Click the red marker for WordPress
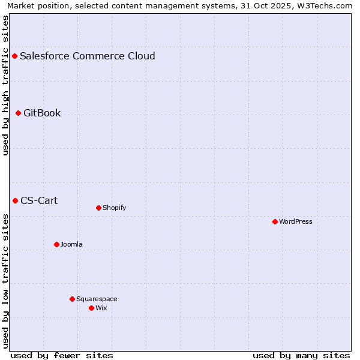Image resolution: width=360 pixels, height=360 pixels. tap(275, 221)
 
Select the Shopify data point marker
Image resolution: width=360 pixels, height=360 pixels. tap(98, 208)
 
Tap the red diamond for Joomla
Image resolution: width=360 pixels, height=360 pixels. tap(56, 244)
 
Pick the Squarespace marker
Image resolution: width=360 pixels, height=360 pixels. tap(72, 299)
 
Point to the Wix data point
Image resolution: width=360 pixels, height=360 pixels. tap(91, 308)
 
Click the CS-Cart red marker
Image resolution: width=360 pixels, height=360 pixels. tap(15, 200)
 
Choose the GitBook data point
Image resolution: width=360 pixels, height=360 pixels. tap(18, 113)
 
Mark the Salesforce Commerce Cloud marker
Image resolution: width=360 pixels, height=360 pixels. tap(14, 56)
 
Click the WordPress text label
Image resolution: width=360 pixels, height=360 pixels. tap(296, 221)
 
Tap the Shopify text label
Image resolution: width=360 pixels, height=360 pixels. tap(115, 208)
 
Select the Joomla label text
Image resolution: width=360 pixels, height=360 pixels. tap(71, 244)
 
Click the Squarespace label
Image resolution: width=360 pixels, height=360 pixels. tap(97, 299)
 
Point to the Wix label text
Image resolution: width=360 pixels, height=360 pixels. tap(101, 308)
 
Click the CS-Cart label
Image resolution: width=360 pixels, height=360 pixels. tap(39, 200)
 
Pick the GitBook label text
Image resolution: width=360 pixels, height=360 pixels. tap(42, 113)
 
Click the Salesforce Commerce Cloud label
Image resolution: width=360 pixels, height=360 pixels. tap(88, 56)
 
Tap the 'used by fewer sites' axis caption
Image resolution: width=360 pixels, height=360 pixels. tap(62, 355)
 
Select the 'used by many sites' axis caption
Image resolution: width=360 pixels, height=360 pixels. tap(301, 355)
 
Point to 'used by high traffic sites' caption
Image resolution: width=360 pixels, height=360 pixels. tap(5, 85)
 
